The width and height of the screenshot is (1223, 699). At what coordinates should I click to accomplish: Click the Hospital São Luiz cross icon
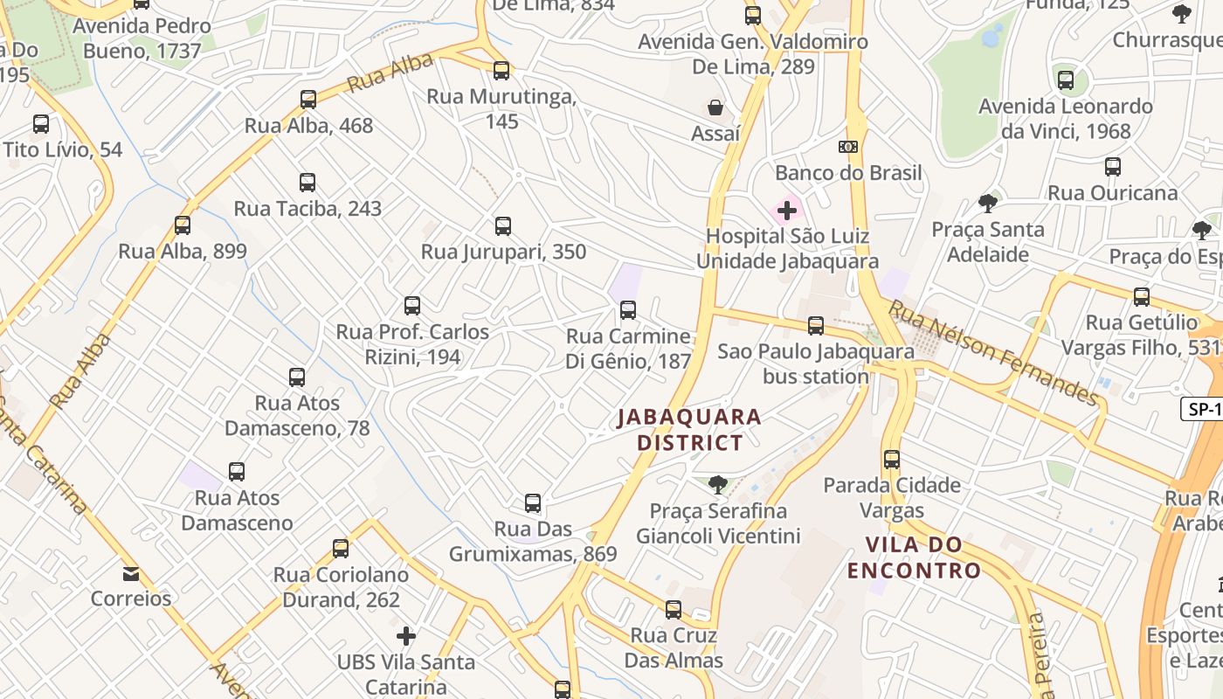point(787,211)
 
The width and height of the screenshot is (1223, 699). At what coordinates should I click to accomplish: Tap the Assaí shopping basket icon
point(715,107)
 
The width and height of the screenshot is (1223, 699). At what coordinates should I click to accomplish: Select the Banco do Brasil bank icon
point(848,147)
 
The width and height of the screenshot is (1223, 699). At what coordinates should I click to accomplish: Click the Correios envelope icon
point(131,574)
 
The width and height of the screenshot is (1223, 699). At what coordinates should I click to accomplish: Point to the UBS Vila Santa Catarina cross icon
point(406,635)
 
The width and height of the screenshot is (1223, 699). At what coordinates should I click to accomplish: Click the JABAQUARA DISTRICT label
point(689,429)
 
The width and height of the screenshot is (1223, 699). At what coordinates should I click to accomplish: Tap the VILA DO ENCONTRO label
point(914,557)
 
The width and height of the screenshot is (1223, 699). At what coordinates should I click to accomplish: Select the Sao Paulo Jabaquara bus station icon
point(816,326)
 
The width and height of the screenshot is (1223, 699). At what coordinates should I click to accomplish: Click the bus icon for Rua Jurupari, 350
point(503,226)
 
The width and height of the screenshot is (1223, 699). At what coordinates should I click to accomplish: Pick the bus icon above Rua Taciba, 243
point(307,183)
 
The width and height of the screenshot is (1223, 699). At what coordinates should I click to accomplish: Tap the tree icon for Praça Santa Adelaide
point(988,204)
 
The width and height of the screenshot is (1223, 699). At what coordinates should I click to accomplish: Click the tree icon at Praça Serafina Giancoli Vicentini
point(718,484)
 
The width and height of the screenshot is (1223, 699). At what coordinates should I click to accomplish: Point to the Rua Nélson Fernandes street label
point(993,353)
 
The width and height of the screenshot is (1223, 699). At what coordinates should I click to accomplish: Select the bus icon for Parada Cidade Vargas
point(892,459)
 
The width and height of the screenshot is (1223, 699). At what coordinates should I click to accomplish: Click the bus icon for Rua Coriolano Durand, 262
point(341,549)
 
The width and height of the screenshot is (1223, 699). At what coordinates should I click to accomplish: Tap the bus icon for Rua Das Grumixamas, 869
point(533,503)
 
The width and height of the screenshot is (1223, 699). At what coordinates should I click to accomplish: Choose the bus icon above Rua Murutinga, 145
point(501,71)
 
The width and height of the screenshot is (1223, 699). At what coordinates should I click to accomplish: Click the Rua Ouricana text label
point(1112,193)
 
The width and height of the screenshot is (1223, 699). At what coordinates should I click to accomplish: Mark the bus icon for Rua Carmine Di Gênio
point(628,310)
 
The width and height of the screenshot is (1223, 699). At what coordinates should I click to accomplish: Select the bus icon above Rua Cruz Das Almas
point(674,609)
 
